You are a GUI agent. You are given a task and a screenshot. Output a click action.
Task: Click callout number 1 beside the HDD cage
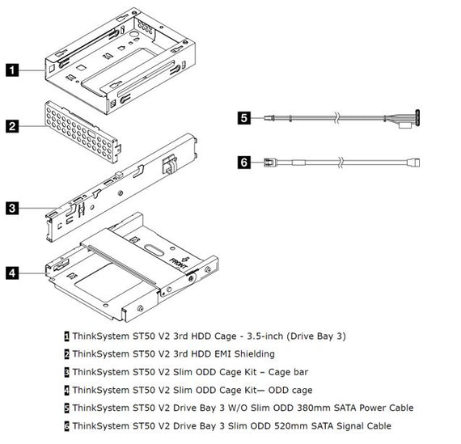pyautogui.click(x=11, y=70)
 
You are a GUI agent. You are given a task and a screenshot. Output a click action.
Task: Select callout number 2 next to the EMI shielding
pyautogui.click(x=11, y=126)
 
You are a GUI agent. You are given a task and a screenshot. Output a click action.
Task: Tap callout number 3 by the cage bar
pyautogui.click(x=11, y=208)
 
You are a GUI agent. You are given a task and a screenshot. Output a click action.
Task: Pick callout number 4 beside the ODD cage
pyautogui.click(x=11, y=273)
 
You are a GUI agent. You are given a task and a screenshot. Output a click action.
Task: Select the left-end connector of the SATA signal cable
pyautogui.click(x=270, y=163)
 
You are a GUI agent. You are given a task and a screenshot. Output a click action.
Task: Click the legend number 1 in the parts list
pyautogui.click(x=66, y=336)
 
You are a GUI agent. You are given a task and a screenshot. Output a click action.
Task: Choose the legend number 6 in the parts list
pyautogui.click(x=66, y=425)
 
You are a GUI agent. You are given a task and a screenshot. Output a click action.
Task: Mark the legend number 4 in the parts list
pyautogui.click(x=66, y=389)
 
